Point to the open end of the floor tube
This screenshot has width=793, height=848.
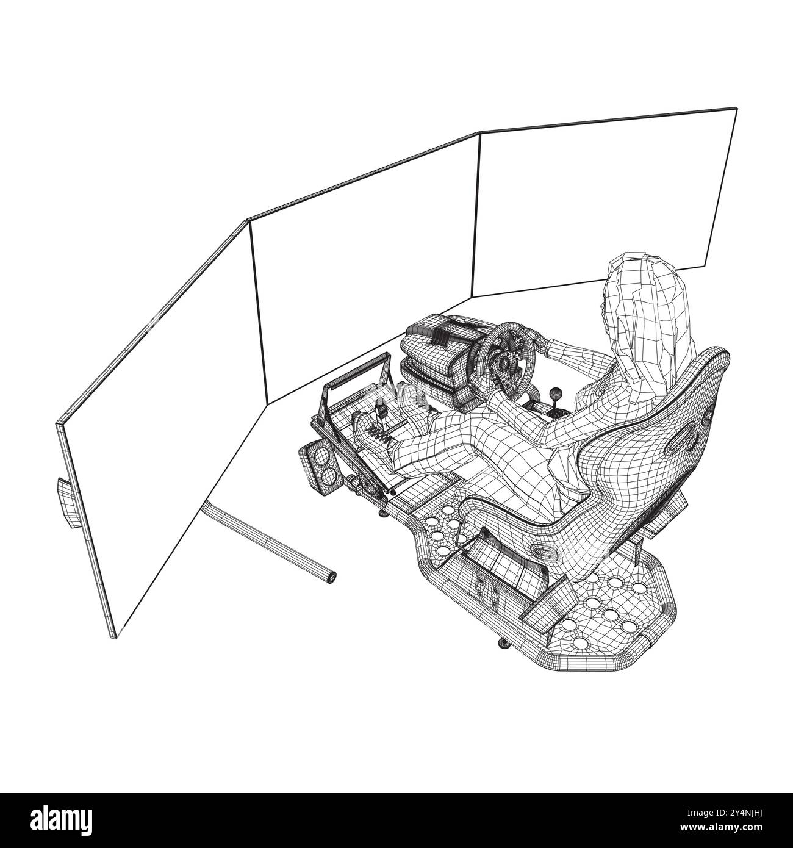330,577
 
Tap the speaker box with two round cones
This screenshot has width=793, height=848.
321,465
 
